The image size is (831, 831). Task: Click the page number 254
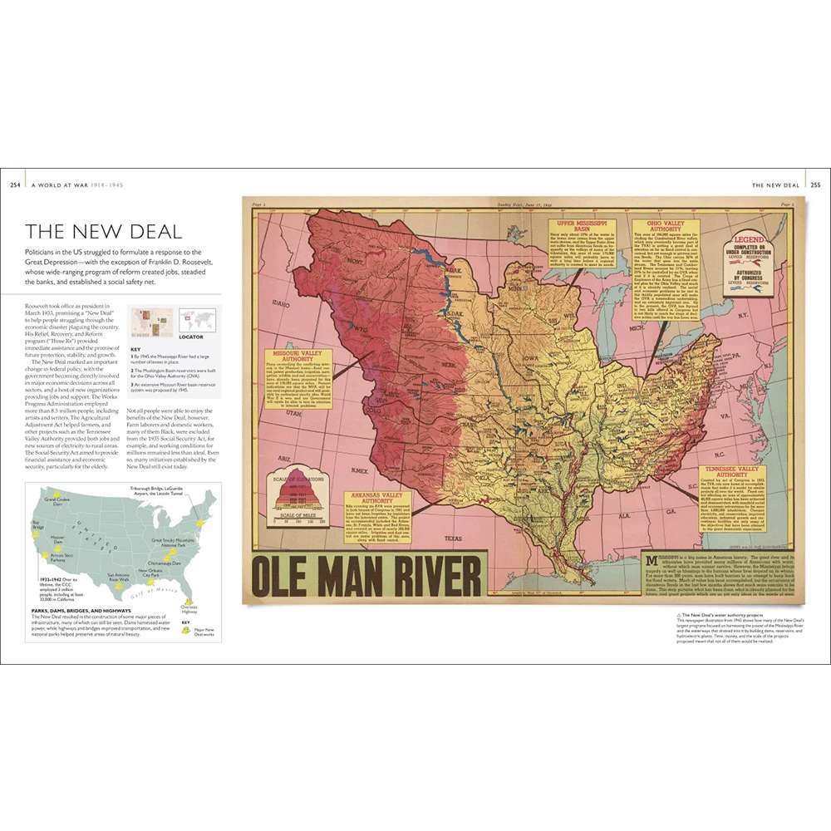pyautogui.click(x=15, y=184)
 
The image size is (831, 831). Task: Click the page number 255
pyautogui.click(x=815, y=184)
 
